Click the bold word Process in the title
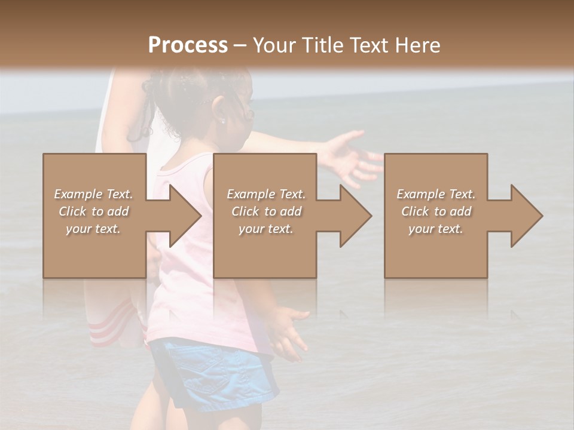(188, 45)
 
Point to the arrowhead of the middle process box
(352, 216)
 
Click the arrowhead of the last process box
(523, 216)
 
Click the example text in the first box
(93, 211)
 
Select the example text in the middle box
(265, 211)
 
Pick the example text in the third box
(436, 211)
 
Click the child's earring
(222, 121)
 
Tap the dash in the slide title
(240, 45)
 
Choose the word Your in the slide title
(275, 45)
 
